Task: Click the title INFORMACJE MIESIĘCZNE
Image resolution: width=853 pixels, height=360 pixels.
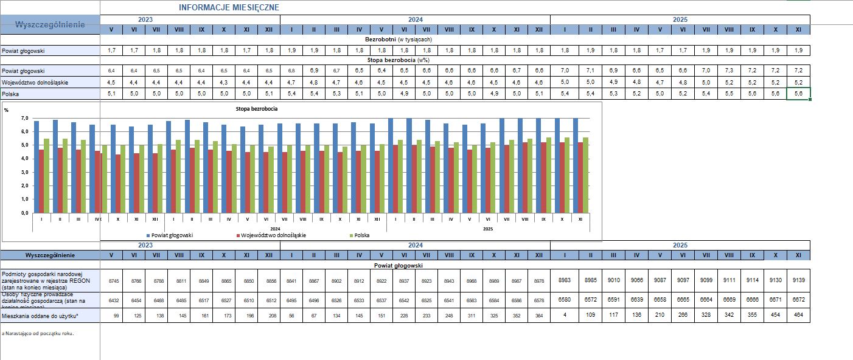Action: pyautogui.click(x=229, y=7)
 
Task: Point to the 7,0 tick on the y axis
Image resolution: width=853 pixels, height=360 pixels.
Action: pyautogui.click(x=24, y=118)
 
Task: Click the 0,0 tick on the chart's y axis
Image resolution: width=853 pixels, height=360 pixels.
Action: pyautogui.click(x=24, y=213)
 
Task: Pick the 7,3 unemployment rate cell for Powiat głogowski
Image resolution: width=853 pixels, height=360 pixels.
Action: pyautogui.click(x=729, y=71)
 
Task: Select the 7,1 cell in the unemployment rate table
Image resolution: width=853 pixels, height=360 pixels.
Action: pyautogui.click(x=590, y=71)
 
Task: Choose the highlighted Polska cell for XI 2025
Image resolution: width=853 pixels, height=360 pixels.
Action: pyautogui.click(x=798, y=94)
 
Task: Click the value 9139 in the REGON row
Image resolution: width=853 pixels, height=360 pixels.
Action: pyautogui.click(x=798, y=280)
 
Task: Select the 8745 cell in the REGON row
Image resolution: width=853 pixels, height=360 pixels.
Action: pyautogui.click(x=113, y=281)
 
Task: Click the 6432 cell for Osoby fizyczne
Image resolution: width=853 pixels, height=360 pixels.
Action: pyautogui.click(x=113, y=300)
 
